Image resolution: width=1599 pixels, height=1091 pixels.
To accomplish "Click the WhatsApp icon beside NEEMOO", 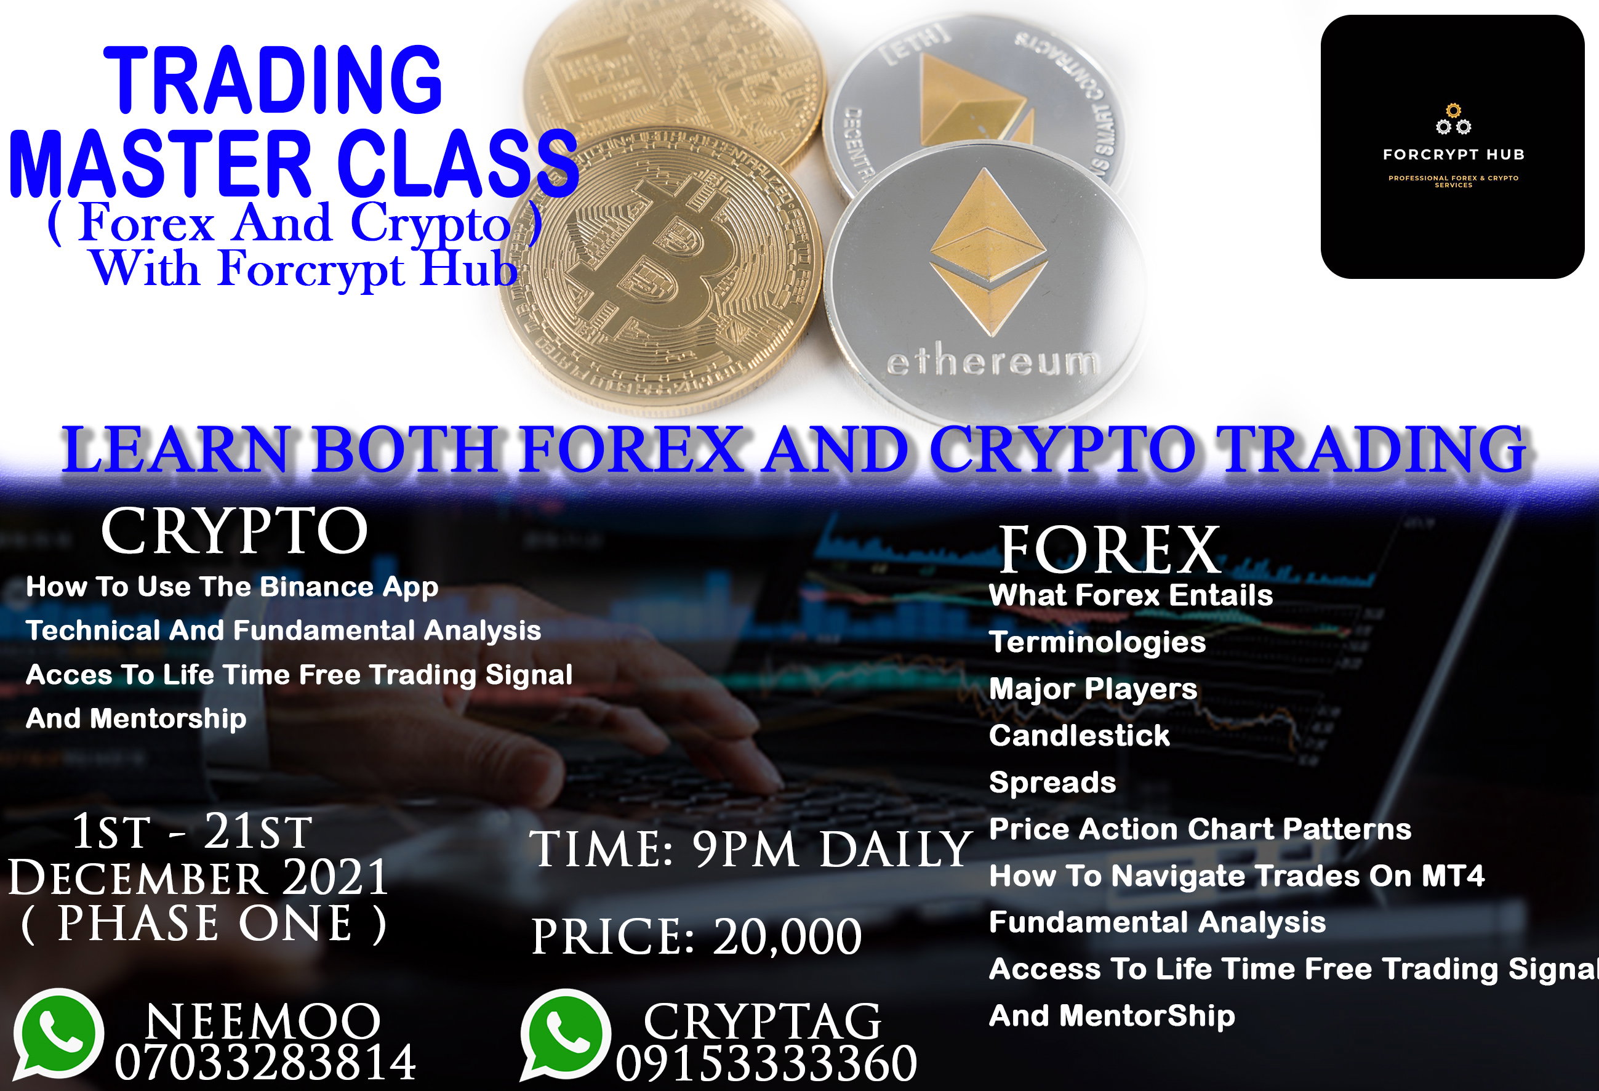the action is (58, 1034).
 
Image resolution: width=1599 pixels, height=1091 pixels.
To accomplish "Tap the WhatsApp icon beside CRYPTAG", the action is (566, 1034).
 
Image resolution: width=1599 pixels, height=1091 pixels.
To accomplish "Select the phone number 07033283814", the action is (265, 1062).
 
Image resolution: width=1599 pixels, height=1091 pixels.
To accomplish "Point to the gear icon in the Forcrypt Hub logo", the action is (1453, 119).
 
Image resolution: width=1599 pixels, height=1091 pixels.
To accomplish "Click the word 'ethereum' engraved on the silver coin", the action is (993, 361).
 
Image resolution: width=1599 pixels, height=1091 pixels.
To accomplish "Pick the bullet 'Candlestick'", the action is (1079, 735).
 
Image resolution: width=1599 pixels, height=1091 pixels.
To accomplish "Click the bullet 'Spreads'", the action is (1052, 783).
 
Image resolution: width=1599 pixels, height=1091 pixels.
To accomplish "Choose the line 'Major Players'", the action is (1092, 689).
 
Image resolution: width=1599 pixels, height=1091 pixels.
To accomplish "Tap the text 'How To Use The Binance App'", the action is (232, 587).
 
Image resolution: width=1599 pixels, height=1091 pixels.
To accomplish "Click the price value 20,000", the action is (787, 937).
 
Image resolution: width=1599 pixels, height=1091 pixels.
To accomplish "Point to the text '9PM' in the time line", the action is (745, 850).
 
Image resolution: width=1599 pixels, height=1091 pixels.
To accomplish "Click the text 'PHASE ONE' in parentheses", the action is (204, 923).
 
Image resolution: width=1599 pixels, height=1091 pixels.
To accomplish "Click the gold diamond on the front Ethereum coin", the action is (988, 252).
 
